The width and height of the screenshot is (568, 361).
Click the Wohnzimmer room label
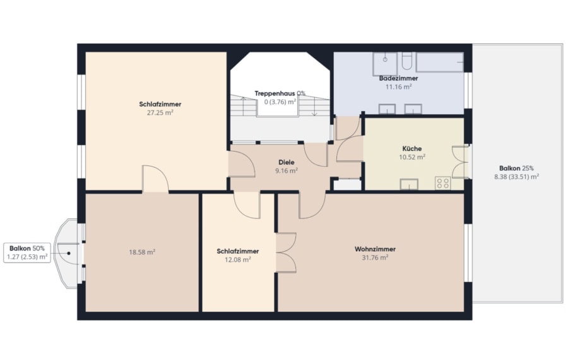click(375, 249)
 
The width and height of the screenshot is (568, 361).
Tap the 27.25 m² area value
click(160, 112)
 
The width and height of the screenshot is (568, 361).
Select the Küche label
click(412, 148)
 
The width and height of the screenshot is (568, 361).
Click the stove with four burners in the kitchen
click(442, 183)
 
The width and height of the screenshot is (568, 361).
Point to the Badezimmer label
click(398, 78)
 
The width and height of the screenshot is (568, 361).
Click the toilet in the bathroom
click(407, 61)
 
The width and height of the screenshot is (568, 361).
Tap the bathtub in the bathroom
click(439, 62)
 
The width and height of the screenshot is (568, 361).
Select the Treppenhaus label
click(275, 93)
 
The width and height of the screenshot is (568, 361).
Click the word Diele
click(286, 162)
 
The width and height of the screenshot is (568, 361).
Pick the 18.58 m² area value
click(142, 252)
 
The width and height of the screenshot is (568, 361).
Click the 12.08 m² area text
click(238, 259)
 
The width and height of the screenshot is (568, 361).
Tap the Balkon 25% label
click(516, 169)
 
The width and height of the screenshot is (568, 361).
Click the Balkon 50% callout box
click(27, 252)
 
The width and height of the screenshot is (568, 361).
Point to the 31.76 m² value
click(375, 257)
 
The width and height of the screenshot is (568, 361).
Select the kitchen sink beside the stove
click(409, 184)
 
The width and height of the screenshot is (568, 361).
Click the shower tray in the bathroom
click(385, 64)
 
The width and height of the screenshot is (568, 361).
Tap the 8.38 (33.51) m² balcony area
click(516, 177)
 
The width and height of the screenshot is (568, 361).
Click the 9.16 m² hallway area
click(286, 171)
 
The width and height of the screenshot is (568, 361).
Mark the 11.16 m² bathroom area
click(398, 87)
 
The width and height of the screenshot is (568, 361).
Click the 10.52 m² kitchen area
click(412, 157)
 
